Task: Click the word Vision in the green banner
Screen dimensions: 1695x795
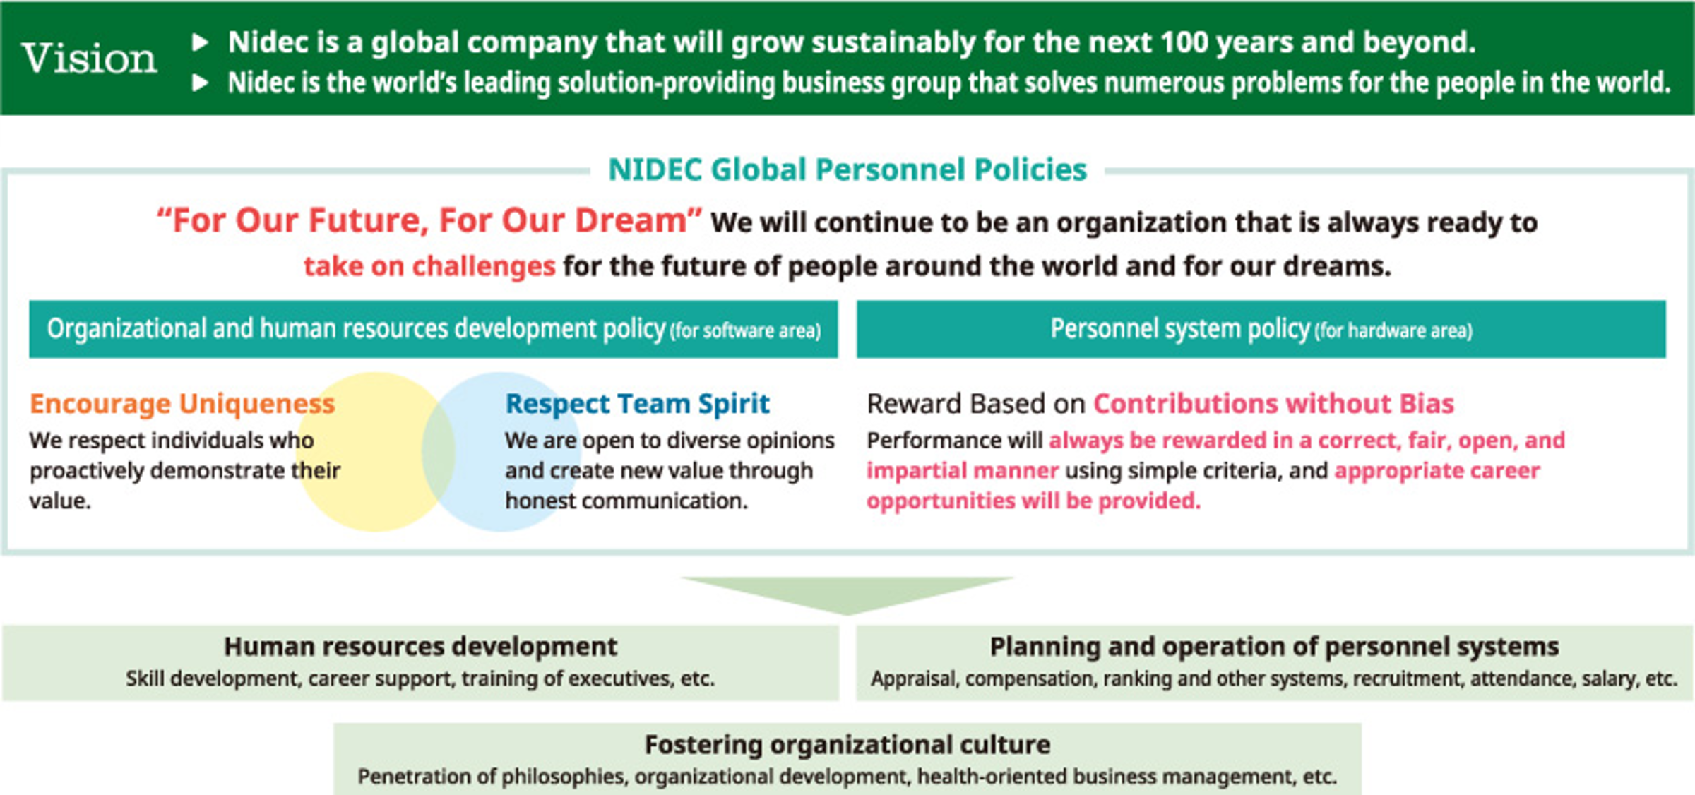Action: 89,58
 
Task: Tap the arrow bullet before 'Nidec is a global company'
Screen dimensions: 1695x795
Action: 201,43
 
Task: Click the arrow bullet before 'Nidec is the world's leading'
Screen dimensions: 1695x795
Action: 201,83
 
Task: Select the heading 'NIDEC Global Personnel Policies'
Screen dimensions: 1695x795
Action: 847,169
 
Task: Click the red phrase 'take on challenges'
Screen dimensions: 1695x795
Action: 429,266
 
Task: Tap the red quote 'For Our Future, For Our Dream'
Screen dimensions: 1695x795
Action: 429,220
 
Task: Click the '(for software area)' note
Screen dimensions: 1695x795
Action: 746,330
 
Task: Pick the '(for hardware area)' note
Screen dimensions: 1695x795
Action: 1393,330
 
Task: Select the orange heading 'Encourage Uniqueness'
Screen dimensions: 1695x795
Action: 182,403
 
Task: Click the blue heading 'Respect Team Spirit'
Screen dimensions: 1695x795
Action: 637,403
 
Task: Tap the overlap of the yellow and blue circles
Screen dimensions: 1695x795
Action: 439,452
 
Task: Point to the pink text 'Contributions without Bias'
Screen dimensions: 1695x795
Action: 1273,403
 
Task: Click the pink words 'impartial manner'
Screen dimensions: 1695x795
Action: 963,470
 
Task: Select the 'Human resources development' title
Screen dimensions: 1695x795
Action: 421,646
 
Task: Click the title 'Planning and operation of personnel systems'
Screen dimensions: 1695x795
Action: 1274,646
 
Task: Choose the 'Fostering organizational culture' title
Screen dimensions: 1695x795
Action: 847,744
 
